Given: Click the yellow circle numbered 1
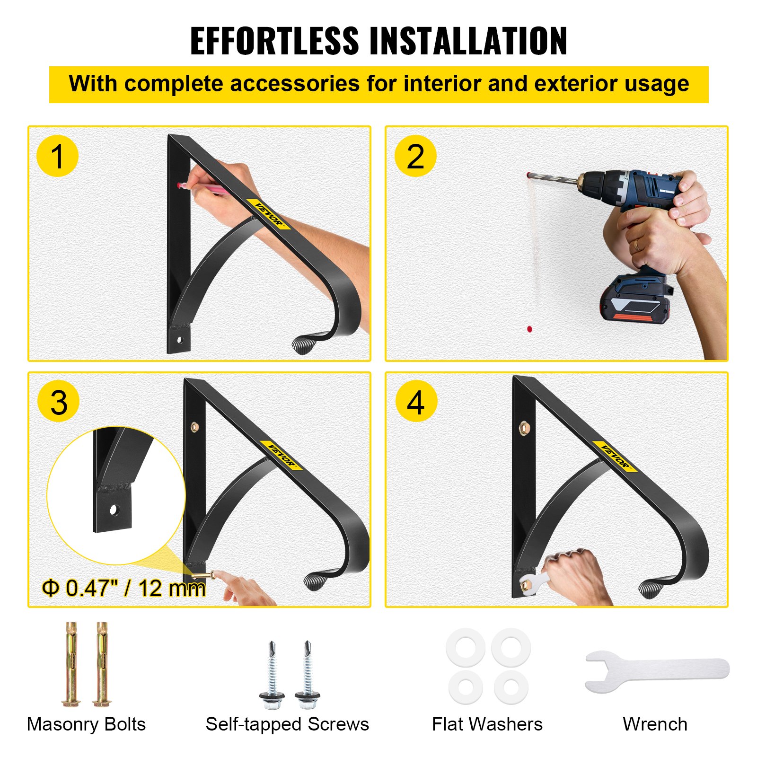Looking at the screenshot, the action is (57, 156).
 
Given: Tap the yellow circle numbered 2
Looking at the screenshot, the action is (415, 156).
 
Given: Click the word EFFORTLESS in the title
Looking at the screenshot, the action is (274, 41).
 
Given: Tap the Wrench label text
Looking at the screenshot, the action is (655, 724).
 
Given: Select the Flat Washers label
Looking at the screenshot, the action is (487, 724).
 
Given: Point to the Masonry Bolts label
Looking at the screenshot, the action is (86, 724).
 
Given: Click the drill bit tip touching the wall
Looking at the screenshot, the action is (528, 175).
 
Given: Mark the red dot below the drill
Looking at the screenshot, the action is (529, 328).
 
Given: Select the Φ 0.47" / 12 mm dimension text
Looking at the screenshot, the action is (124, 589).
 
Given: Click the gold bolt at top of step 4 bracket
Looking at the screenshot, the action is (524, 428).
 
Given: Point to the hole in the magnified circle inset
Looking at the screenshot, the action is (114, 510).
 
